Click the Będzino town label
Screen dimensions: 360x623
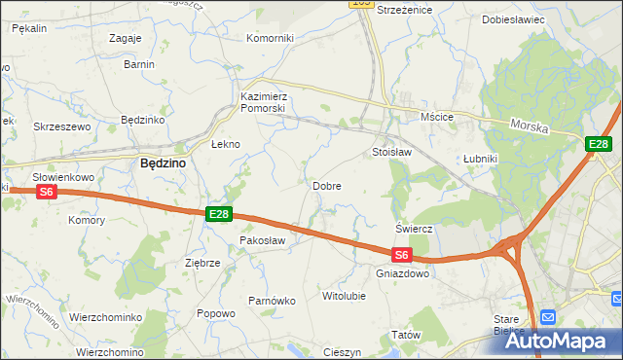click(164, 163)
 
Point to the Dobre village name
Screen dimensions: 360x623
click(326, 185)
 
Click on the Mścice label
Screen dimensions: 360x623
click(437, 117)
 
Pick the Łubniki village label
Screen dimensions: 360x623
click(481, 158)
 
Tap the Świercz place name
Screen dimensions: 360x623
click(414, 229)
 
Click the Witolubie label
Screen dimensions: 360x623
click(344, 295)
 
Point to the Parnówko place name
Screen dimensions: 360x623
click(272, 301)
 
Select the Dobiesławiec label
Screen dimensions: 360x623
click(514, 19)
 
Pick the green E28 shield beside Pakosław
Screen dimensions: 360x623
click(218, 214)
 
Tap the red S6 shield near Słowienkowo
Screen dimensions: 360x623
click(47, 193)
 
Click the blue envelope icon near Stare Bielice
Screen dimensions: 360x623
click(548, 316)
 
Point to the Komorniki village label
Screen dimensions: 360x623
click(271, 38)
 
